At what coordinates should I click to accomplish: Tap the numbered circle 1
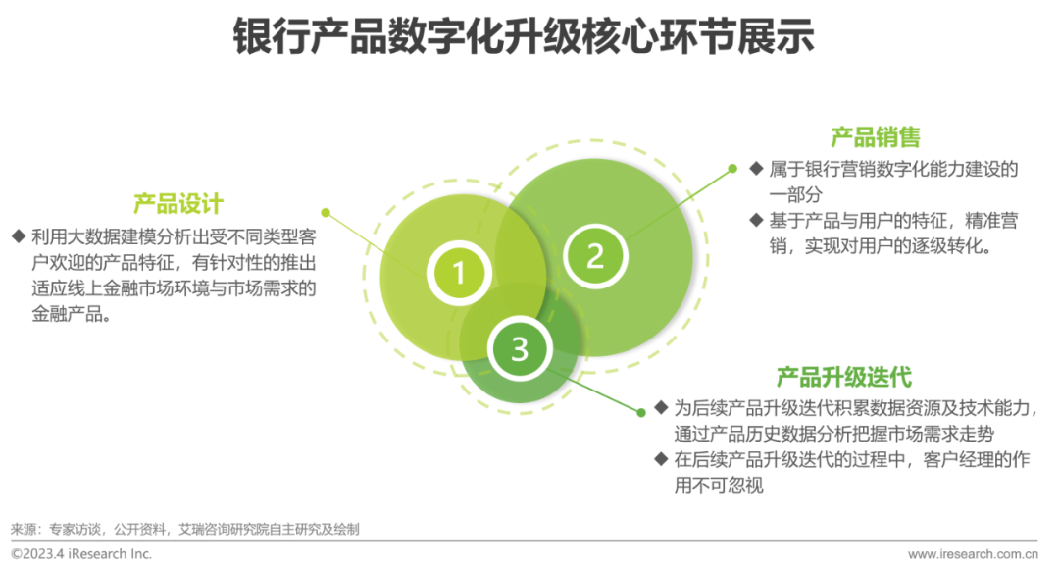click(x=459, y=270)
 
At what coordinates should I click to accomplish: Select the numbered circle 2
click(x=595, y=255)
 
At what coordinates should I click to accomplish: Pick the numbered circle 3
click(x=520, y=348)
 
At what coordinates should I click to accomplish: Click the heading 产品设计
click(x=178, y=204)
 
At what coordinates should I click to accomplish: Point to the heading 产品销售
click(x=876, y=136)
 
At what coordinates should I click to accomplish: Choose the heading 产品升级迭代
click(x=844, y=377)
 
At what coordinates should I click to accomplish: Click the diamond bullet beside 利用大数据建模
click(x=18, y=236)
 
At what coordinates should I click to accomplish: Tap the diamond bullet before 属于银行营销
click(x=756, y=169)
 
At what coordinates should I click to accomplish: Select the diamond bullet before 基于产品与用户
click(x=756, y=220)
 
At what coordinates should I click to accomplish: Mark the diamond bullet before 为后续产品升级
click(x=660, y=407)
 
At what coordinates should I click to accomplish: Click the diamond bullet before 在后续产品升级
click(x=660, y=459)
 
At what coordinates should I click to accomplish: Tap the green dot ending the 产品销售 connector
click(x=731, y=168)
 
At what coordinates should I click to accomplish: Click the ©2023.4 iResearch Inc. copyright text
click(x=81, y=554)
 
